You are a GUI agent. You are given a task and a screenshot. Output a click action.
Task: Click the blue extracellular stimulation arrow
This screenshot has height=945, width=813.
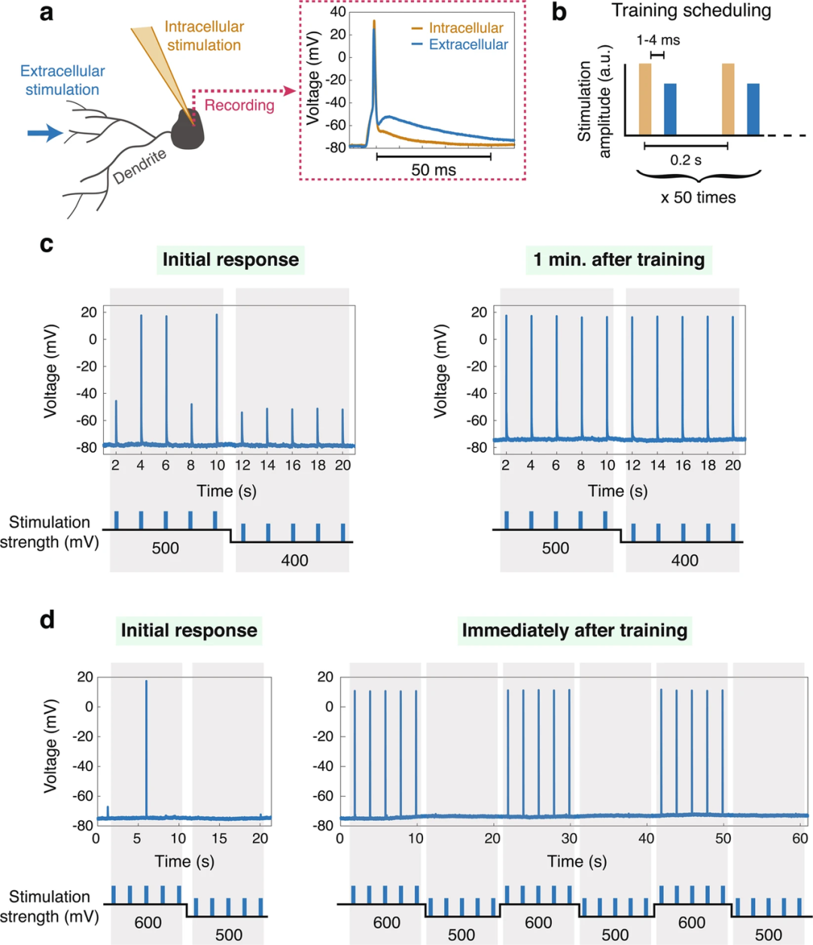(44, 133)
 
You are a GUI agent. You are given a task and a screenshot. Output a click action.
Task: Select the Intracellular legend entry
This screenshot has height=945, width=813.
(465, 28)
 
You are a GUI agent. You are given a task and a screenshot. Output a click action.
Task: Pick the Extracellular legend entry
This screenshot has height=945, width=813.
(467, 44)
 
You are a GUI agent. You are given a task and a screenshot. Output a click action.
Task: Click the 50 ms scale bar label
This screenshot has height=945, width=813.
(434, 170)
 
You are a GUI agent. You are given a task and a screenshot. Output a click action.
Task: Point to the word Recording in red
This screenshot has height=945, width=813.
(239, 105)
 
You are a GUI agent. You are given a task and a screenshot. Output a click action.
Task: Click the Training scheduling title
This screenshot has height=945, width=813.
(690, 11)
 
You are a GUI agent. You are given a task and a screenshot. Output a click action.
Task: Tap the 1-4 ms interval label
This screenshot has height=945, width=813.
(658, 40)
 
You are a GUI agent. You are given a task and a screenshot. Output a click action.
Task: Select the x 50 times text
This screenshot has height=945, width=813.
(699, 198)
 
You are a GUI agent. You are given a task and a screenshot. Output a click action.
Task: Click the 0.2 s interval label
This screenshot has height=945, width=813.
(686, 160)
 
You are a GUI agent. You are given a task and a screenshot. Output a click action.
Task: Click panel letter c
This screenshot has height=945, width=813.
(47, 244)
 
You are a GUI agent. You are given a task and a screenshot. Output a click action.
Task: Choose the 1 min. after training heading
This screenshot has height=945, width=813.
(619, 260)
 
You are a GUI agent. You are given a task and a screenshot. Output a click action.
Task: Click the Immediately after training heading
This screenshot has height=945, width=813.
(574, 630)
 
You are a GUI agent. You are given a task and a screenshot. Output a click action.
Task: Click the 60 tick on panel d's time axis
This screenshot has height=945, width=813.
(799, 838)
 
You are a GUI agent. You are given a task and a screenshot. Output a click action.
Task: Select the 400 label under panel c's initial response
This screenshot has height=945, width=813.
(294, 560)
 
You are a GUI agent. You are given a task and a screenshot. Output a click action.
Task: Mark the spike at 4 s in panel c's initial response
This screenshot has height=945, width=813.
(141, 376)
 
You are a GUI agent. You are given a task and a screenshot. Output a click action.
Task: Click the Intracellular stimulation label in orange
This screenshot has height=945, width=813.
(204, 36)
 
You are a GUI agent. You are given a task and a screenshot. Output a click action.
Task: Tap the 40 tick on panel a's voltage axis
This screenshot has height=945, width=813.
(336, 12)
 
